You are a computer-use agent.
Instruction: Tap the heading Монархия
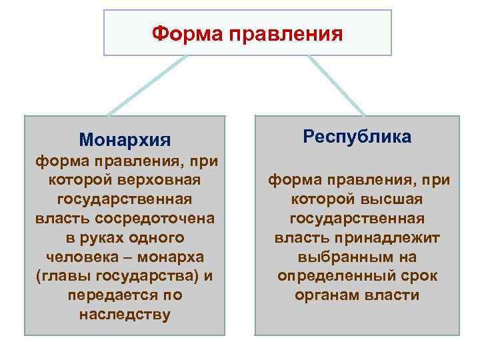[125, 140]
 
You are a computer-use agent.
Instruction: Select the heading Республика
[357, 137]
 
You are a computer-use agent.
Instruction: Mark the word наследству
[125, 314]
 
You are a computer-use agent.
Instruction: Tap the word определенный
[333, 275]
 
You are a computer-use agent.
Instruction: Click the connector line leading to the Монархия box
[147, 85]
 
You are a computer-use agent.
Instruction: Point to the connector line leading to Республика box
[337, 85]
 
